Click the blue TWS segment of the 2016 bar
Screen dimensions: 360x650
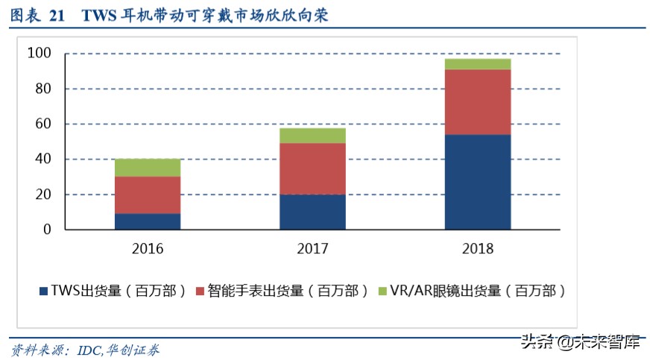[148, 221]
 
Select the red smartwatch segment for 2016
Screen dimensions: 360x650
[148, 195]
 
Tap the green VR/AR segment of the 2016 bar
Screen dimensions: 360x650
[148, 168]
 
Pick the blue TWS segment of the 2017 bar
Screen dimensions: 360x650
[313, 212]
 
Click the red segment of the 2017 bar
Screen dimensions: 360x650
[313, 168]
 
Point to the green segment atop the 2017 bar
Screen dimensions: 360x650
[313, 136]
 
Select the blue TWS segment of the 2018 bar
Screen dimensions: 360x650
[478, 182]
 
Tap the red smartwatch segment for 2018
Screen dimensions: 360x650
[478, 102]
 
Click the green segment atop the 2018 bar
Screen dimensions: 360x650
[478, 64]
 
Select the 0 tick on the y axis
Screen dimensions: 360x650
[47, 230]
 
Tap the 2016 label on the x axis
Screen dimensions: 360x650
[147, 248]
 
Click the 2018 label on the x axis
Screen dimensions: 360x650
[478, 248]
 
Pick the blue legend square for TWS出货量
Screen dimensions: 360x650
[44, 290]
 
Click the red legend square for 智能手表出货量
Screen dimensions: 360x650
[201, 290]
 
